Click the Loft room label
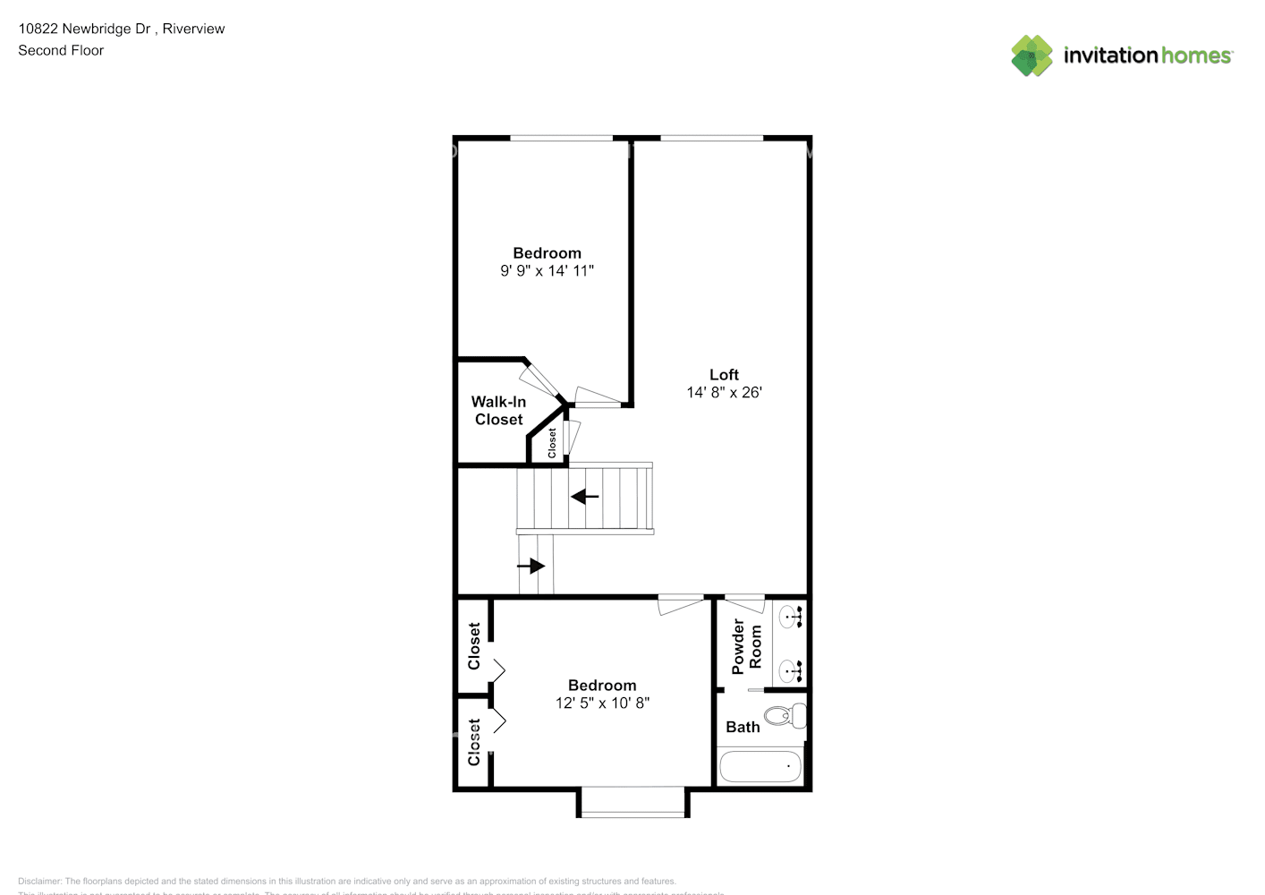click(724, 375)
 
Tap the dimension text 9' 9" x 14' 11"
click(547, 270)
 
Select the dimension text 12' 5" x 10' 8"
click(602, 703)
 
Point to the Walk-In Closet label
click(498, 411)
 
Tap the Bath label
click(743, 727)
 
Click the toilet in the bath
click(788, 716)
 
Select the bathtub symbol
click(760, 766)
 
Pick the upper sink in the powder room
click(790, 616)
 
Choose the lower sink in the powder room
click(790, 669)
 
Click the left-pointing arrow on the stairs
click(585, 496)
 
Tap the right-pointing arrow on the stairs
click(531, 566)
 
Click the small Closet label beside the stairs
click(552, 443)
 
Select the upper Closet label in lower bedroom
click(474, 646)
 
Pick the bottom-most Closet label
click(474, 742)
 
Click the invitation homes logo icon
click(1032, 55)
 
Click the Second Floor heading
click(61, 50)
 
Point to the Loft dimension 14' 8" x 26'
click(724, 392)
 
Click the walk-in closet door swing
click(540, 380)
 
